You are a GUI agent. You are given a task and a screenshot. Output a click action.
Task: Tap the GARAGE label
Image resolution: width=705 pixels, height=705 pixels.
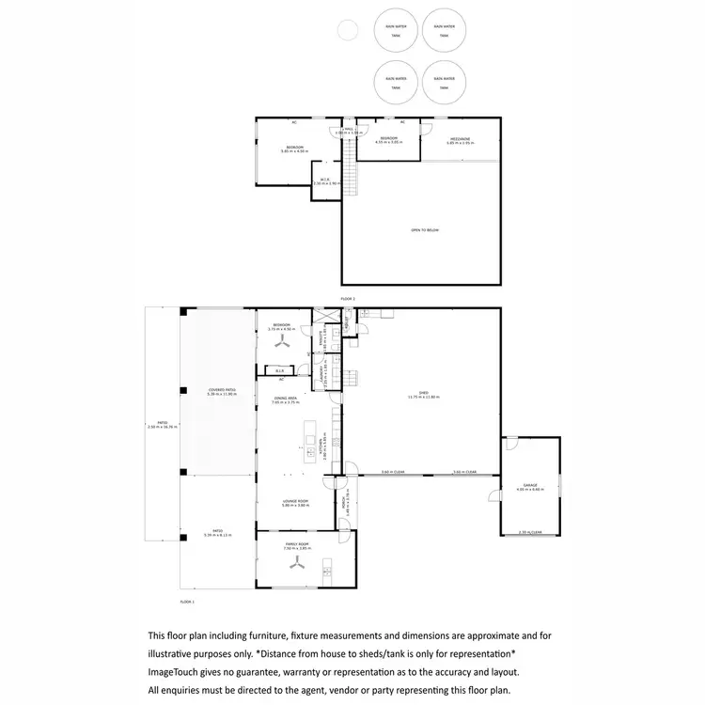click(530, 486)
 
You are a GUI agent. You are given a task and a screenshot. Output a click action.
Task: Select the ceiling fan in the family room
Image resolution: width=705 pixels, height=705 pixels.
click(297, 563)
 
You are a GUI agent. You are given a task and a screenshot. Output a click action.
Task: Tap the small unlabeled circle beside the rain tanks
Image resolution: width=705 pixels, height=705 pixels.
click(347, 30)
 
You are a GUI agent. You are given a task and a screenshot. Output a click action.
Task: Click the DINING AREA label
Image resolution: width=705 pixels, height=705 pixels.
click(286, 398)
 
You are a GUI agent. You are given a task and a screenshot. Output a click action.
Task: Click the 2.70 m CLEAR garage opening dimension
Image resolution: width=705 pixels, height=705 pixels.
click(531, 533)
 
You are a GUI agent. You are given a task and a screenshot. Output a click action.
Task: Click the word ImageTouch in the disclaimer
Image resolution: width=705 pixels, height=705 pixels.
click(176, 671)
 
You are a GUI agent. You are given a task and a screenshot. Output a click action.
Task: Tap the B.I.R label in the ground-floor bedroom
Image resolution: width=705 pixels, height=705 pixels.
click(280, 369)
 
